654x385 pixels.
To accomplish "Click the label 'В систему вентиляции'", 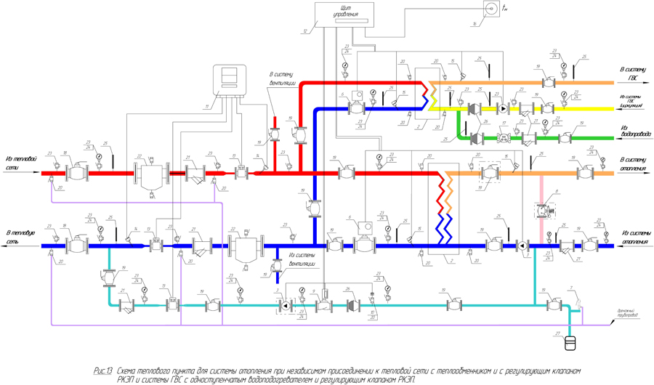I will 281,78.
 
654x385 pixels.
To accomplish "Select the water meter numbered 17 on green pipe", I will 504,137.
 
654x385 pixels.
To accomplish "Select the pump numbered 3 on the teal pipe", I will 286,307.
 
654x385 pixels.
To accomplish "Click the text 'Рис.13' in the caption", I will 103,370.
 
